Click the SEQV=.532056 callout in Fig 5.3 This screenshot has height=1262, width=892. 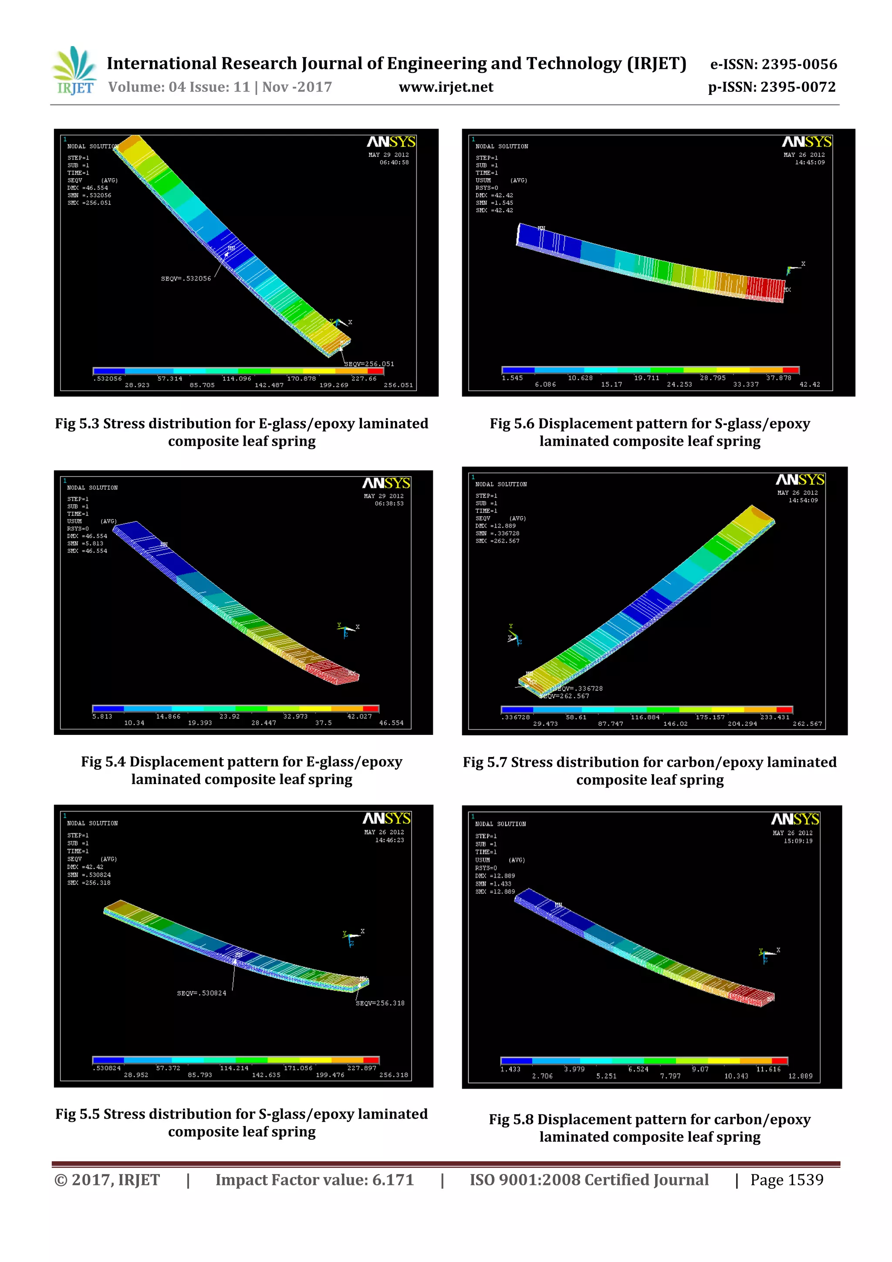[186, 279]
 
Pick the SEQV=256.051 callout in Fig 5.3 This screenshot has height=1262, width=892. [369, 364]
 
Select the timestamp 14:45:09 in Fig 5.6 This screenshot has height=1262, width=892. [810, 162]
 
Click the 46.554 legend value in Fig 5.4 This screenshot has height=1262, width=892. [391, 723]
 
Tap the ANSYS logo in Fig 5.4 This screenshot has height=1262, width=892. [386, 483]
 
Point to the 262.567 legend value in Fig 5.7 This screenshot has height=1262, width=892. [807, 724]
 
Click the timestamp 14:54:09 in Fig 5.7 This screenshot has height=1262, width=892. [803, 501]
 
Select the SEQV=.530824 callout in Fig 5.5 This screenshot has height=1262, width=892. [201, 993]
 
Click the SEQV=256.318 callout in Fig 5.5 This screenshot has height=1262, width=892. [380, 1003]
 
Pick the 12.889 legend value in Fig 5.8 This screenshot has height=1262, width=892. [800, 1076]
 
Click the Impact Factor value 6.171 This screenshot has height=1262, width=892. [392, 1180]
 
